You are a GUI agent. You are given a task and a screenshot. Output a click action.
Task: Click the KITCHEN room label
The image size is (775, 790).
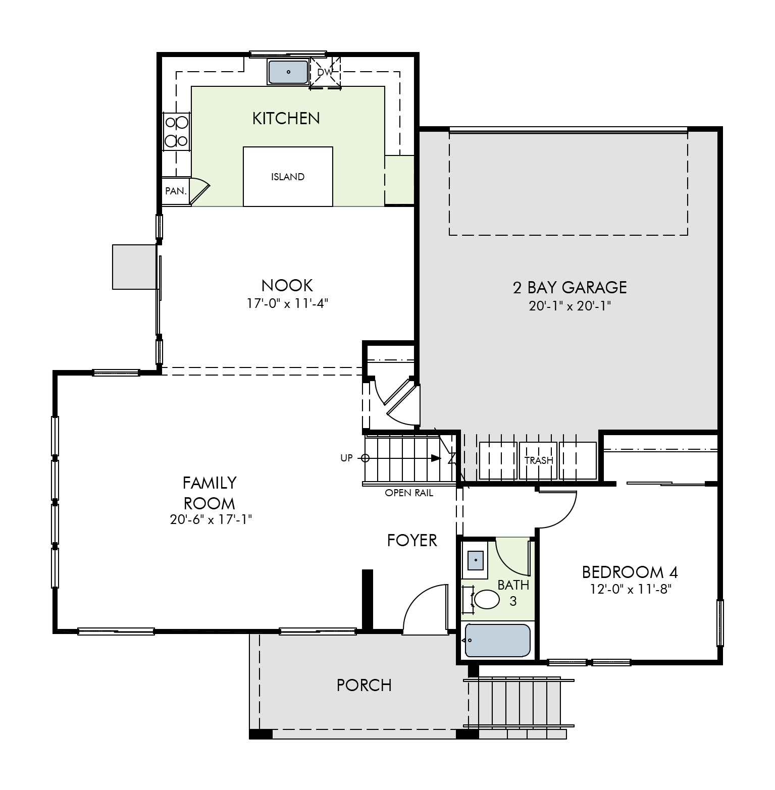[x=286, y=118]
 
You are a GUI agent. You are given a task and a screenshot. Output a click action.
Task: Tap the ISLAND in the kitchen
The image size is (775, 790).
[x=288, y=177]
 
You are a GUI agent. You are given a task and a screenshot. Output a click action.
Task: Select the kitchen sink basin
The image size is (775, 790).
[x=288, y=72]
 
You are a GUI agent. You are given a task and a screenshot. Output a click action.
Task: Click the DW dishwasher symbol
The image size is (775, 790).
[x=325, y=72]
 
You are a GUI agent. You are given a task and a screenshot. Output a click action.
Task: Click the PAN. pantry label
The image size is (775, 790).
[x=176, y=191]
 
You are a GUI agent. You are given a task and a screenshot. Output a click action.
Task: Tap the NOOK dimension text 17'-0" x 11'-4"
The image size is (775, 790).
[x=287, y=303]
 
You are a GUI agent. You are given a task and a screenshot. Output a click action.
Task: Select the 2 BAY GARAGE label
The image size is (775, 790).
[x=570, y=287]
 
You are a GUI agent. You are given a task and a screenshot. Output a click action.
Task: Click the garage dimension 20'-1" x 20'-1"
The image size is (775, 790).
[x=570, y=306]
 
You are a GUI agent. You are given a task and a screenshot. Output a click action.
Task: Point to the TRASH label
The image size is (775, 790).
[x=539, y=460]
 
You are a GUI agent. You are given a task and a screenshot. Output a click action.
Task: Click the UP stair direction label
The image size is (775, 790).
[x=346, y=458]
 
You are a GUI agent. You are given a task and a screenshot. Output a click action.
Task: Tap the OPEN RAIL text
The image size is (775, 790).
[x=409, y=493]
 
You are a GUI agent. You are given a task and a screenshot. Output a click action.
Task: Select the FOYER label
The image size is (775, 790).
[x=412, y=541]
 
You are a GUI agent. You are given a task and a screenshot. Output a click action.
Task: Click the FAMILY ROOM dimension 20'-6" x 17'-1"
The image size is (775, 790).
[x=211, y=519]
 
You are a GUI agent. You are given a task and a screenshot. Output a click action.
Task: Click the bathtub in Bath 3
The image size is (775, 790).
[x=498, y=641]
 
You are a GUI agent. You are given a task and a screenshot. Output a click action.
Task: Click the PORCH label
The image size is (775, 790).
[x=364, y=685]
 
